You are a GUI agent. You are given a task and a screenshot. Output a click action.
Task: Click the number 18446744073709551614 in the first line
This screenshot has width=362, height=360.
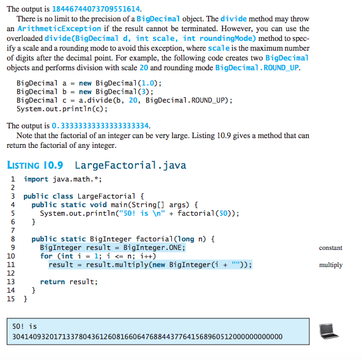click(96, 9)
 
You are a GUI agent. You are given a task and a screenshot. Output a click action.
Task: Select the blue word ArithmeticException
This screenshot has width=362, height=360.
click(59, 29)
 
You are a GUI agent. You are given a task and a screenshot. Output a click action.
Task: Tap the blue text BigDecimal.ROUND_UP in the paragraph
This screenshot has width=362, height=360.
click(257, 68)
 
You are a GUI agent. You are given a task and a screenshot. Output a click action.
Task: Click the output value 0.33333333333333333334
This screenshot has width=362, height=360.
click(100, 126)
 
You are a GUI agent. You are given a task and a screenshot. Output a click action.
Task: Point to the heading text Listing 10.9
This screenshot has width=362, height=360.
click(35, 165)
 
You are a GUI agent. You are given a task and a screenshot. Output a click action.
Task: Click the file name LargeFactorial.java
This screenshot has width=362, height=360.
click(130, 165)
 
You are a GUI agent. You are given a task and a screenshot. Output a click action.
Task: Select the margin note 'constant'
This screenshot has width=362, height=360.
click(331, 248)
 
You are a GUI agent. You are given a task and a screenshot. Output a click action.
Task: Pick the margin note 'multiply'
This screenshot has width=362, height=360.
click(331, 265)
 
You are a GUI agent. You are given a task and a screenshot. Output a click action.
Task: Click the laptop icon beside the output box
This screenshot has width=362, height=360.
click(328, 331)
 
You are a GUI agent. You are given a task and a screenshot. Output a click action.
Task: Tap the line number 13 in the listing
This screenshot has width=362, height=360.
click(11, 282)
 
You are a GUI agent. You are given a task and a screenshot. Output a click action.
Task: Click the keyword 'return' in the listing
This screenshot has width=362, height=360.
click(53, 282)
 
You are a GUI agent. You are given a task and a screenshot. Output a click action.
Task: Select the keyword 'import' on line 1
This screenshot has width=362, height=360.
click(36, 179)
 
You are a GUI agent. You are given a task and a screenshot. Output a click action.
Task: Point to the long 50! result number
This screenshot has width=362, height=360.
click(147, 337)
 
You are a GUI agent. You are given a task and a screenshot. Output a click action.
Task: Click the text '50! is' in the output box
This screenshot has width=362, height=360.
click(24, 326)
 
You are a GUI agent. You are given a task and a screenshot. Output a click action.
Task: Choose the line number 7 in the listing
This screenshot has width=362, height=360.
click(13, 230)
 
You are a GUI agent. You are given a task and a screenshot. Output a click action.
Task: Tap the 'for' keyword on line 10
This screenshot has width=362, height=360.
click(46, 256)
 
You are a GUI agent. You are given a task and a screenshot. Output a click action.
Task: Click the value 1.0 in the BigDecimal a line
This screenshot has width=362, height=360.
click(147, 83)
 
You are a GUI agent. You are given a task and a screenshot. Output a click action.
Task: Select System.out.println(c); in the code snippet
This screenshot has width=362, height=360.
click(62, 109)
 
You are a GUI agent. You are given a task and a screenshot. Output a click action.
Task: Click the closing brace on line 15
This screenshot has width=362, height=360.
click(26, 299)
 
